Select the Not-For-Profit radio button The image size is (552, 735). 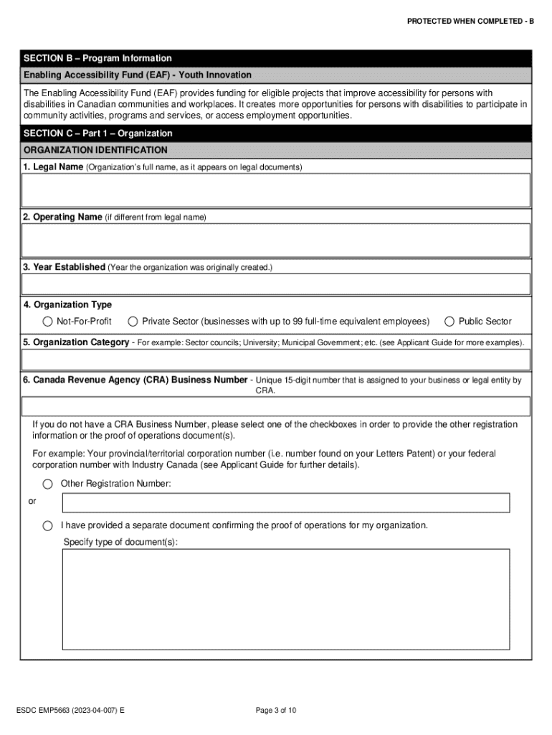(47, 322)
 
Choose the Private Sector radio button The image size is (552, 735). (133, 322)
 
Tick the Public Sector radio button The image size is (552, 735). (449, 322)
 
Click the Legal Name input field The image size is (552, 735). (276, 190)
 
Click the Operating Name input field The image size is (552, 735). (276, 240)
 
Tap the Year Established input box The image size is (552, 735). (276, 284)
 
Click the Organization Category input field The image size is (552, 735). (276, 360)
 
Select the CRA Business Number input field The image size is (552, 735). (276, 406)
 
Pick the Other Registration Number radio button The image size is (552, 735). (47, 484)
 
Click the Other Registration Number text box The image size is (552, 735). (286, 502)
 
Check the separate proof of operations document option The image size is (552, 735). (47, 525)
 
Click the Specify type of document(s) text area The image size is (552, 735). (286, 599)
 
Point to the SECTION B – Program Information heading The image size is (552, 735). (97, 58)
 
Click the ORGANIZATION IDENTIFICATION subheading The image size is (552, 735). (95, 150)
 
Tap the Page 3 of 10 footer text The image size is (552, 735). (276, 711)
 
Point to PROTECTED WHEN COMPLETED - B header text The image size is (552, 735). (470, 22)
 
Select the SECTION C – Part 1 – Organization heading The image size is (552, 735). (97, 134)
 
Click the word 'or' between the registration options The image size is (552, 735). (32, 502)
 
